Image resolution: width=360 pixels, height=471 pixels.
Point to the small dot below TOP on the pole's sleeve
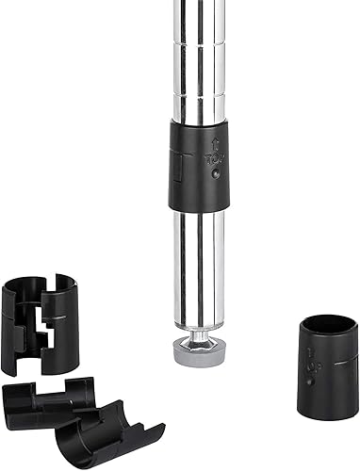tap(215, 172)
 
